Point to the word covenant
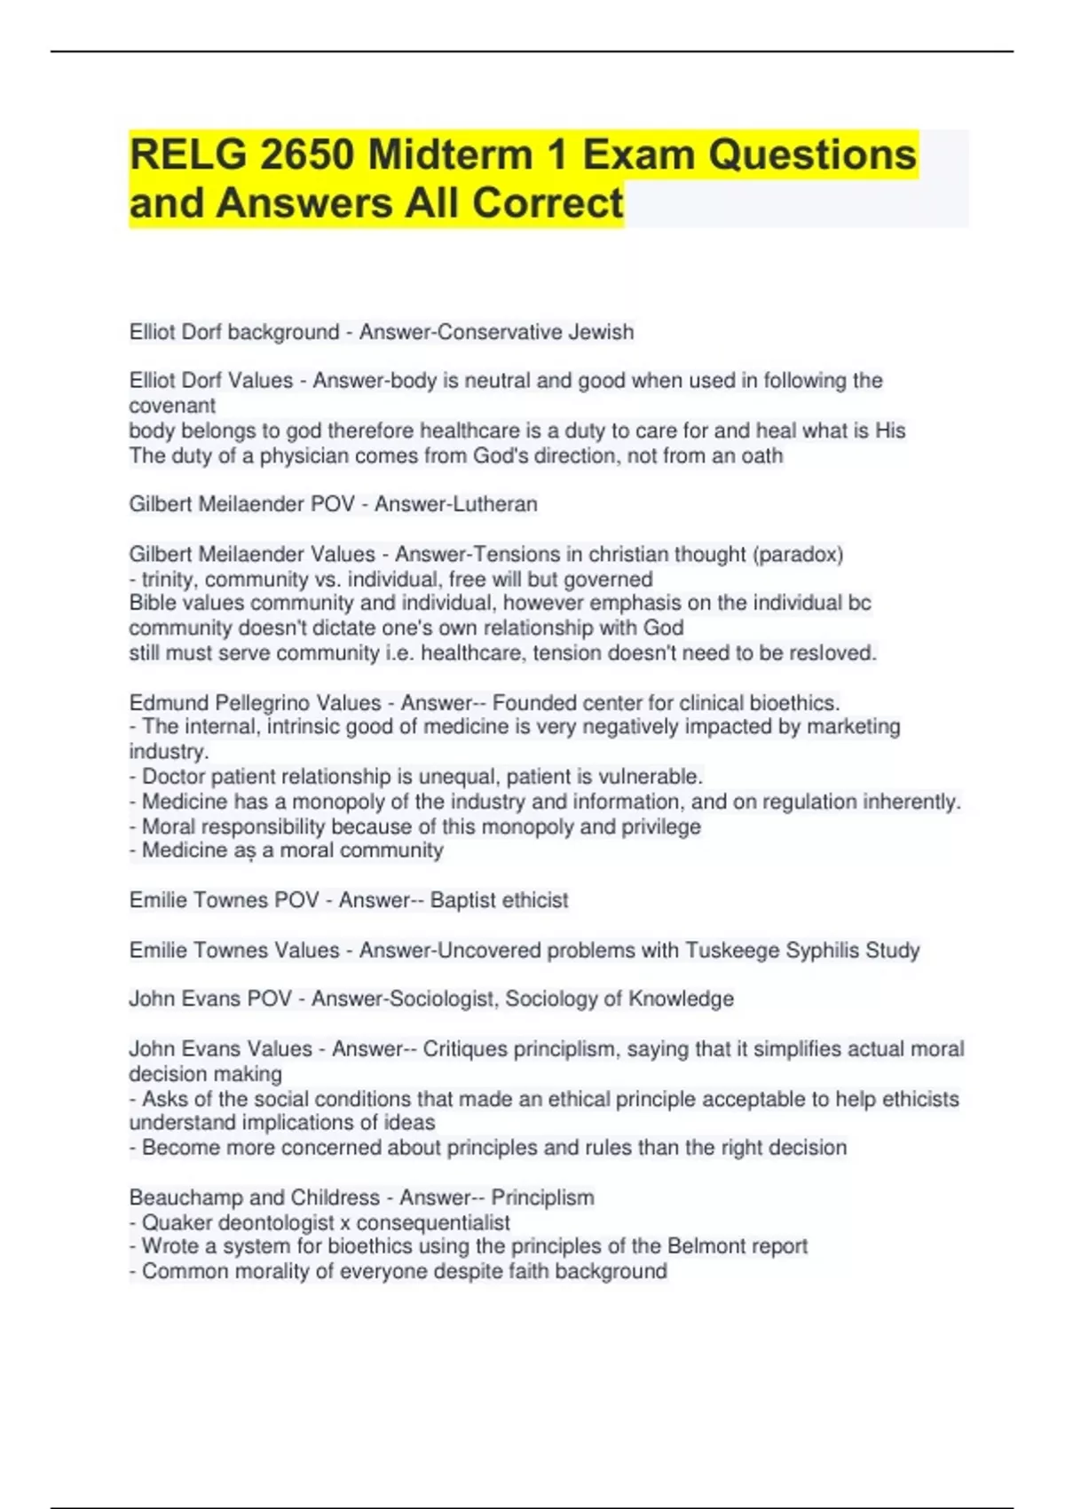tap(172, 406)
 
